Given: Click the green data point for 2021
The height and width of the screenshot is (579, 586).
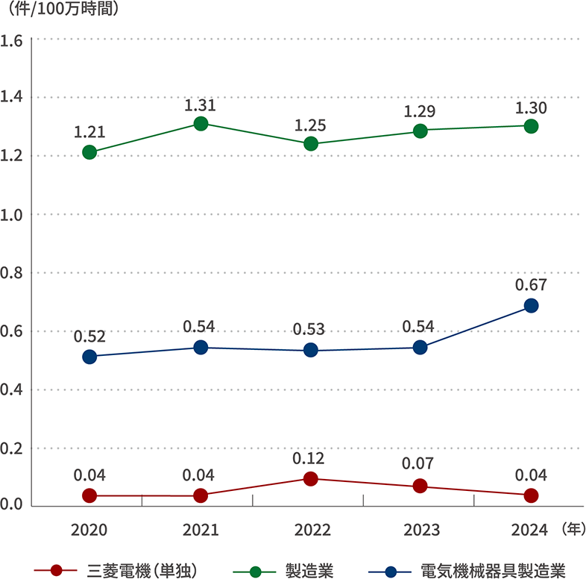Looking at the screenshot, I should tap(201, 124).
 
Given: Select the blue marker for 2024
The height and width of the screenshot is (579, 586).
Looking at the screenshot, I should tap(531, 306).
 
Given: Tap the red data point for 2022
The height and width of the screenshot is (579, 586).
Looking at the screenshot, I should tap(311, 479).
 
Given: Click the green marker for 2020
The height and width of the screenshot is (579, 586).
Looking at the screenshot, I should tap(89, 152).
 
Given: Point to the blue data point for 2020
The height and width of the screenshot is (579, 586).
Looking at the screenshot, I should tap(89, 357).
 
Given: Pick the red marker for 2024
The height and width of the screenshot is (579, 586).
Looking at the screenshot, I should tap(531, 495).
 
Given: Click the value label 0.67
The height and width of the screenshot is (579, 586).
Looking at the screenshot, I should tap(531, 284).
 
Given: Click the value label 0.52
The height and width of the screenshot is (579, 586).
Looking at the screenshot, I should tap(89, 337).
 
